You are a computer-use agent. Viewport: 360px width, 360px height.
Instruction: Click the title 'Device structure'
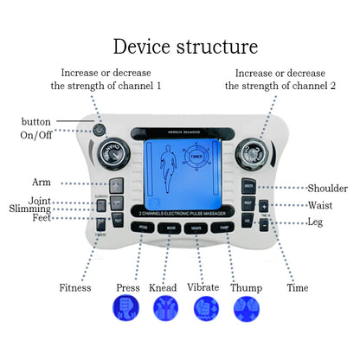(x=185, y=46)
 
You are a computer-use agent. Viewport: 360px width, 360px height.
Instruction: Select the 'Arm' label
(x=42, y=183)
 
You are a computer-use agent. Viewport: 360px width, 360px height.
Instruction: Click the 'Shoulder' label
(x=328, y=188)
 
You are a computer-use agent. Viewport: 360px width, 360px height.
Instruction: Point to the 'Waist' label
(x=320, y=205)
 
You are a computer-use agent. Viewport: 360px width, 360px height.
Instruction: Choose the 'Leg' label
(x=315, y=222)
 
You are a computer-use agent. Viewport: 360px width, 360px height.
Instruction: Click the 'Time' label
(x=297, y=286)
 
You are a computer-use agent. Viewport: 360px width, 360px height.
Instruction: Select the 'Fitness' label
(x=74, y=287)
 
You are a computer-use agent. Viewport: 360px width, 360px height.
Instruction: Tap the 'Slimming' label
(x=30, y=209)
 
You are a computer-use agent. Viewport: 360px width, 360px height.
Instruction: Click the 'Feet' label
(x=40, y=219)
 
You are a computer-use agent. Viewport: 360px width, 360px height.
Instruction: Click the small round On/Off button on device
(x=100, y=131)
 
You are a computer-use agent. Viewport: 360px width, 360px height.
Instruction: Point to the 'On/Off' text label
(x=35, y=135)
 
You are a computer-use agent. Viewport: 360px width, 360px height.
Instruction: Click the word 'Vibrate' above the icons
(x=206, y=287)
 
